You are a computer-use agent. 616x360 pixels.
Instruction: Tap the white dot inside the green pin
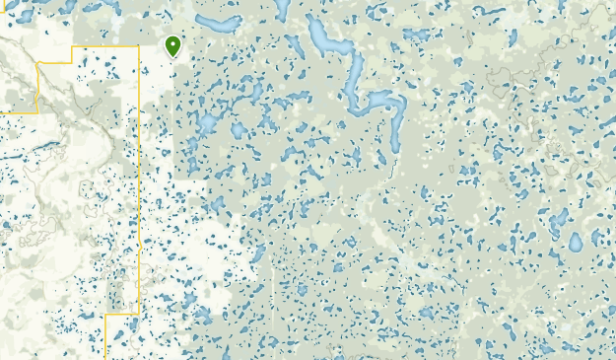click(x=173, y=43)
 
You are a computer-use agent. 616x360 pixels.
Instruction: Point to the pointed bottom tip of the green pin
click(x=173, y=57)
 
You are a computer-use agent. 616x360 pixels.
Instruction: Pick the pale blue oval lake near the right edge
click(x=576, y=242)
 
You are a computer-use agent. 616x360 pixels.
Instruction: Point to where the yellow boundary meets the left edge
click(x=2, y=112)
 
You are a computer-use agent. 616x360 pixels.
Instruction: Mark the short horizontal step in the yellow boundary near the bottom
click(x=121, y=315)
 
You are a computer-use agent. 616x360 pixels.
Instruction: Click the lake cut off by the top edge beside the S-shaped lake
click(x=282, y=9)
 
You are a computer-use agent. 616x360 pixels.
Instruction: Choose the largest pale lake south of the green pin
click(x=207, y=124)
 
